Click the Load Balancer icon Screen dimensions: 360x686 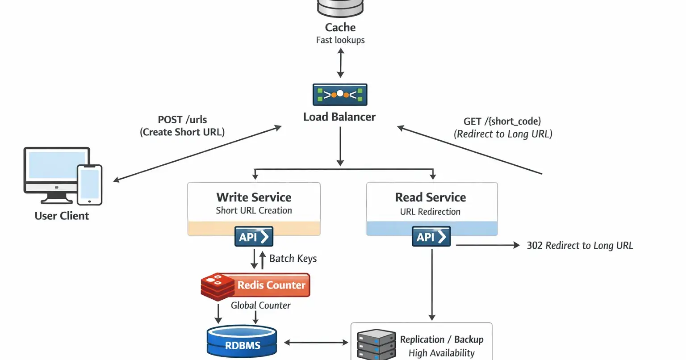340,94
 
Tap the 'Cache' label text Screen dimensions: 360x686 340,27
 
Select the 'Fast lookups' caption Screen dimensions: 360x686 340,40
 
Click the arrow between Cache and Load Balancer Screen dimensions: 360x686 341,63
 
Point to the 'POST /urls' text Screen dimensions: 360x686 182,120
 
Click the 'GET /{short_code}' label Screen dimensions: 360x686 502,121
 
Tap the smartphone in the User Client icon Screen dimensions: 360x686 89,185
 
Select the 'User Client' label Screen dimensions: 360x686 62,216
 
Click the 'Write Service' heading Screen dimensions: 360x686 254,197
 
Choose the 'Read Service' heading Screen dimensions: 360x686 431,197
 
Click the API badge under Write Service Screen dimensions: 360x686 254,236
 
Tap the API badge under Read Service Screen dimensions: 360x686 431,236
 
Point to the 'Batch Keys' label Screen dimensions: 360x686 293,259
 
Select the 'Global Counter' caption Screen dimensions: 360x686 260,306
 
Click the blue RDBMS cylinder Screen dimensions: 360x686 242,343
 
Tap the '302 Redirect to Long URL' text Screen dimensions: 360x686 580,245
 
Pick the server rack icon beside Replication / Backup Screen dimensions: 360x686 376,345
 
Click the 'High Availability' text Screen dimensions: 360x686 441,353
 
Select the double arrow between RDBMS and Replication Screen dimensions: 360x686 316,343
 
